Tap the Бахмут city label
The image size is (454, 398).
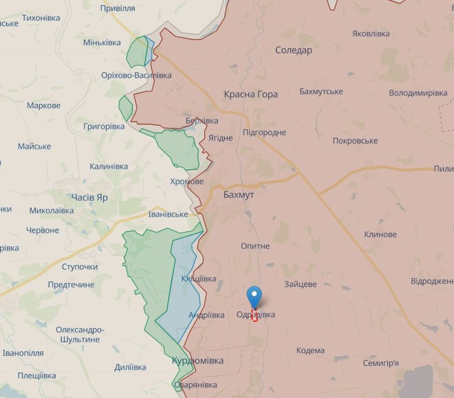pos(239,193)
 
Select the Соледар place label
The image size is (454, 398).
pos(293,50)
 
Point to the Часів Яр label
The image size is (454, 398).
pos(90,198)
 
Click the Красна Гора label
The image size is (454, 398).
pos(250,94)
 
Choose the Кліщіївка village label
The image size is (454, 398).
pos(199,279)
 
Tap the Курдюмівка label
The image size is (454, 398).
pos(198,361)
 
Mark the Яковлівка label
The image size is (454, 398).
pos(371,33)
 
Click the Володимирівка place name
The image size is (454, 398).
pos(418,93)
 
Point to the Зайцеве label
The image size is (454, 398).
pos(301,284)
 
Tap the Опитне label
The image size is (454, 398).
pos(255,246)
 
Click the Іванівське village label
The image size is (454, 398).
pos(168,214)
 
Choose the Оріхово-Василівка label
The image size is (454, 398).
pos(136,75)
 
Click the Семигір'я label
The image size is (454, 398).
pos(380,363)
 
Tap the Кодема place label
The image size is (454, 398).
pos(310,350)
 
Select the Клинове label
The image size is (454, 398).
pos(380,235)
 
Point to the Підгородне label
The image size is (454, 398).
pos(264,132)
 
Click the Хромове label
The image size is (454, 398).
pos(187,182)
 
